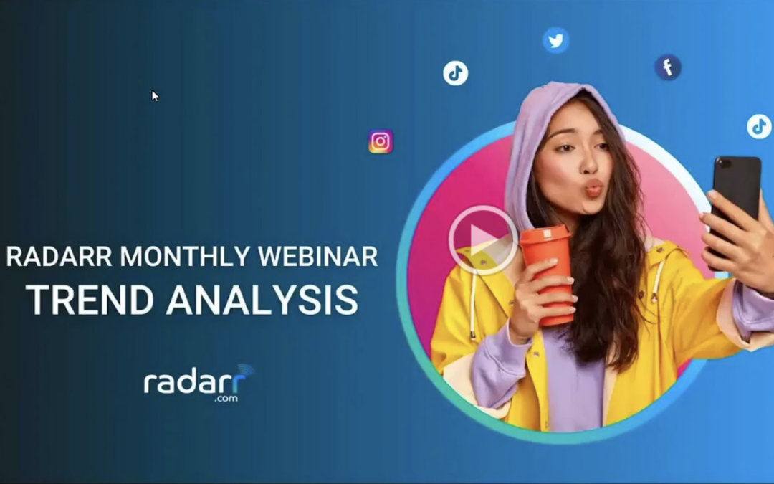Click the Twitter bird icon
556,40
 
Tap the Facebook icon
668,67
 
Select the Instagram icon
381,142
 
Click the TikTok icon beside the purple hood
455,73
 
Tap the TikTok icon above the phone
759,126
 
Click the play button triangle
482,240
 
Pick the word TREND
90,300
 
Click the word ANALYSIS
262,300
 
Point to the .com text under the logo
226,398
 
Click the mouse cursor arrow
155,96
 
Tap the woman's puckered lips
593,188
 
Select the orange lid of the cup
545,234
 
